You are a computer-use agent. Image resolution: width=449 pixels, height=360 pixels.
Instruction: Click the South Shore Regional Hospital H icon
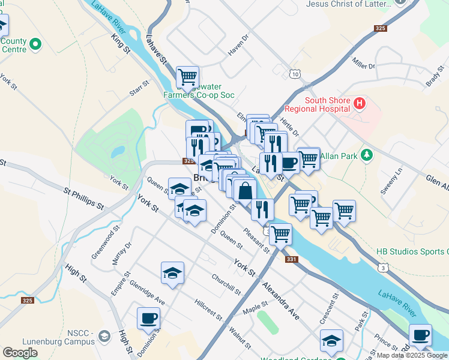point(360,104)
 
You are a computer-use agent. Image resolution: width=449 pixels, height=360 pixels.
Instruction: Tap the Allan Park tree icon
point(367,156)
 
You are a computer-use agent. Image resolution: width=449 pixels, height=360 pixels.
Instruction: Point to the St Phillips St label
point(83,197)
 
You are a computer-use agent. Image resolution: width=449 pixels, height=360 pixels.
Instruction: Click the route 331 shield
point(291,259)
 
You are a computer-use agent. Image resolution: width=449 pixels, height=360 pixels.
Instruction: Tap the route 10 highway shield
point(294,74)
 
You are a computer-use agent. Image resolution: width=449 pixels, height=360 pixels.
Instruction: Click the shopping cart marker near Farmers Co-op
point(188,77)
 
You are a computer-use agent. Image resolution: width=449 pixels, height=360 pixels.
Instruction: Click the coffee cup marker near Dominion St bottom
point(148,318)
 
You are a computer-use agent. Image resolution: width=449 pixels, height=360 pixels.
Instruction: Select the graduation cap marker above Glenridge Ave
point(172,272)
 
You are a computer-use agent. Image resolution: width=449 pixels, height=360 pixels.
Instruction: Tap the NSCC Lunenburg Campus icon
point(105,335)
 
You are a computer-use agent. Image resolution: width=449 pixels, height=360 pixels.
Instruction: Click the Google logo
point(20,353)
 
